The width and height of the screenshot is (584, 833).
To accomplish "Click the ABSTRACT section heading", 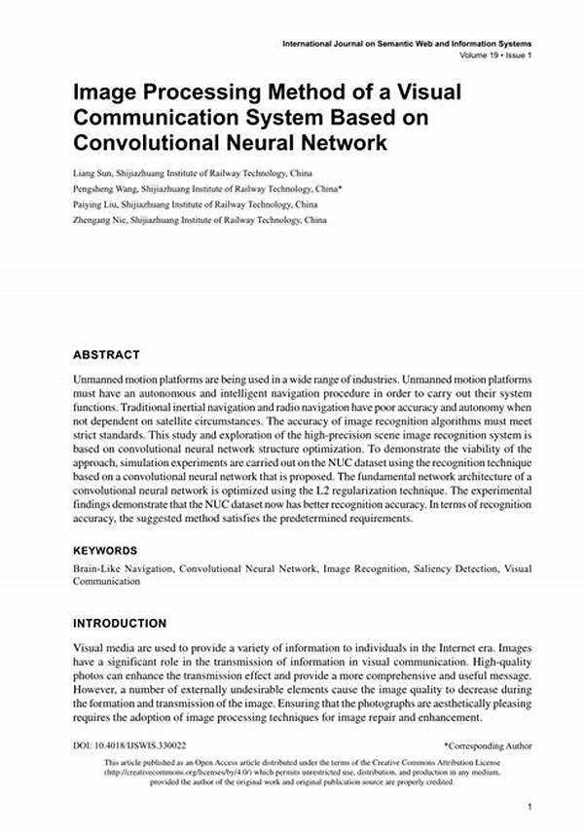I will click(106, 355).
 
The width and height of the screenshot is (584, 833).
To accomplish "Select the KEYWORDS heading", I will click(105, 550).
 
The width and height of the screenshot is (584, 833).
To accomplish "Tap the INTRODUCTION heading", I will click(120, 623).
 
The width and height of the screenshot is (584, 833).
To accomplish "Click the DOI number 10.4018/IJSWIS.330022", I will click(146, 746).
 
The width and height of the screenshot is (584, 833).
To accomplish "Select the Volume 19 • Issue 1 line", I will click(496, 54).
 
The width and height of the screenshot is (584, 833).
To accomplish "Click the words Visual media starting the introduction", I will click(102, 646).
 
